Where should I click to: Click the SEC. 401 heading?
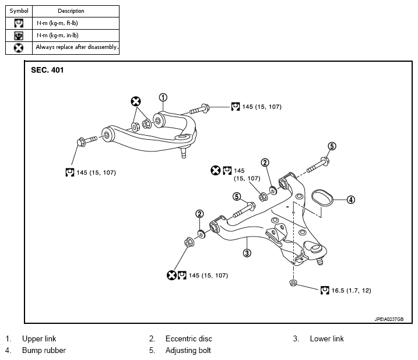(x=47, y=70)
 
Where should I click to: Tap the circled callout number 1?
(x=163, y=97)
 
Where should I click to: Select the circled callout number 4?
(x=351, y=200)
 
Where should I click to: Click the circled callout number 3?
(x=247, y=253)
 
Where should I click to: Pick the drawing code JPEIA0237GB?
(x=389, y=319)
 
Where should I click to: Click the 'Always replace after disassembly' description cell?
(x=76, y=48)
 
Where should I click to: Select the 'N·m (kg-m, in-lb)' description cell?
(x=76, y=36)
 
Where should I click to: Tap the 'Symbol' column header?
(x=19, y=11)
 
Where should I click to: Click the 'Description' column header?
(x=71, y=11)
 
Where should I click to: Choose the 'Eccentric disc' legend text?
(x=189, y=338)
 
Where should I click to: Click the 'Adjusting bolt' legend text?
(x=188, y=351)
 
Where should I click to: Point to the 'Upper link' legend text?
(x=39, y=338)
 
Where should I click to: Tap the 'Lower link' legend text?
(x=327, y=338)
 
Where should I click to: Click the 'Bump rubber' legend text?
(x=44, y=351)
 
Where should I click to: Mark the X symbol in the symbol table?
(x=19, y=48)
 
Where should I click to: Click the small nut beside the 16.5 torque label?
(x=293, y=283)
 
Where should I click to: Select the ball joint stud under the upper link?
(x=184, y=153)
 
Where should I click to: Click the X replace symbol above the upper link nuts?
(x=136, y=101)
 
